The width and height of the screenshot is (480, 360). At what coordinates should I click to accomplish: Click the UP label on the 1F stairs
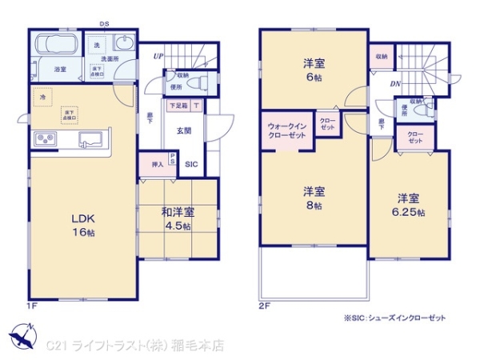[159, 57]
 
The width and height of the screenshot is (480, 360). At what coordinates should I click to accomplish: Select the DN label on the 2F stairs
[395, 82]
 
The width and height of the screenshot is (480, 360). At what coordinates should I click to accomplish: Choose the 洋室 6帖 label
[313, 68]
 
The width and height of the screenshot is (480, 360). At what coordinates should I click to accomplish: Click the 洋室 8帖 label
[313, 198]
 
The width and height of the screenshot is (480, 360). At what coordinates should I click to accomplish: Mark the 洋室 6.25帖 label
[408, 205]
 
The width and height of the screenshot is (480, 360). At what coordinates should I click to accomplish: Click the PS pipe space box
[174, 159]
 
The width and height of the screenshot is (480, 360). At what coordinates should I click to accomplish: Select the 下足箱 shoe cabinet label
[178, 106]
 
